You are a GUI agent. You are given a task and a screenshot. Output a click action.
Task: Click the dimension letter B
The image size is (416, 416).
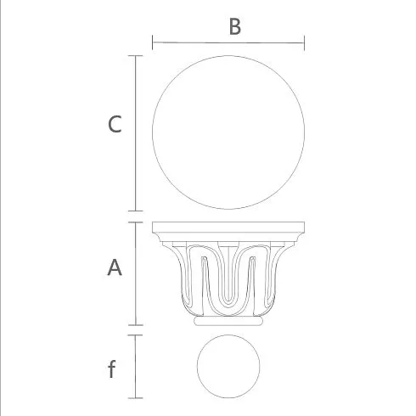[235, 27]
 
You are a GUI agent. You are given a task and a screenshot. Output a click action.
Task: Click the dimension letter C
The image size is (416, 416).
[115, 124]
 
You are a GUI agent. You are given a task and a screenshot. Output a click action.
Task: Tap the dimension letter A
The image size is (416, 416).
[115, 267]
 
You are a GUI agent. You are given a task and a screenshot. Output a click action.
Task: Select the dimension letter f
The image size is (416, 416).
[112, 368]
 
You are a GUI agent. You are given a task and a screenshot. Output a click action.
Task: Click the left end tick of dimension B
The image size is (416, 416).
[153, 42]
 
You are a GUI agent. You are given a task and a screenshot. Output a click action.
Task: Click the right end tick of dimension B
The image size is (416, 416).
[304, 43]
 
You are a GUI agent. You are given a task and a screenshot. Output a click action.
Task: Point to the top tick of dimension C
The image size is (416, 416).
[135, 56]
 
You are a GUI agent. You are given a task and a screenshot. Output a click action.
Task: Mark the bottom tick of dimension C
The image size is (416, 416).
[135, 211]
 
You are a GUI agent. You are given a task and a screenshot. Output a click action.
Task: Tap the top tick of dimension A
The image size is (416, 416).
[135, 222]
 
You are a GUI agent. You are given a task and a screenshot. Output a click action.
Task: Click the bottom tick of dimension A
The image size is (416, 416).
[135, 325]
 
